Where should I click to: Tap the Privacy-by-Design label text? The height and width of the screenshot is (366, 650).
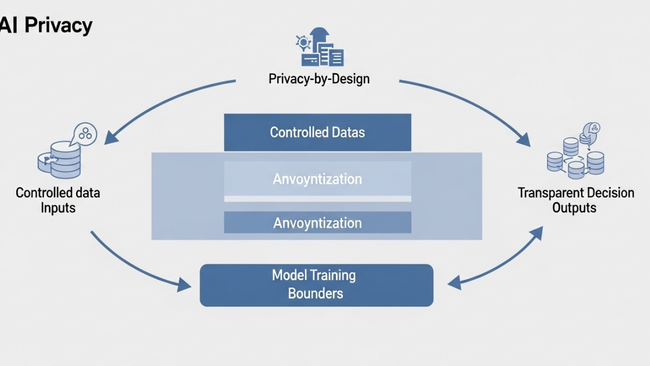(318, 79)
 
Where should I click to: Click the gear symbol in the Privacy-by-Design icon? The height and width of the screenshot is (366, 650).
(302, 42)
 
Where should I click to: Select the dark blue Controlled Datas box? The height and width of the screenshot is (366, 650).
(317, 132)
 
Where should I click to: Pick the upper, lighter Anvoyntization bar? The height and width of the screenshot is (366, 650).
(317, 179)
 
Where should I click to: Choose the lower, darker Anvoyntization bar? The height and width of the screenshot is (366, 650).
(317, 222)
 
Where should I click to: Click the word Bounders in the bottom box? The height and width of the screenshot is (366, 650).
(315, 293)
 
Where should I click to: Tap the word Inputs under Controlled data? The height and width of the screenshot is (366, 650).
(58, 208)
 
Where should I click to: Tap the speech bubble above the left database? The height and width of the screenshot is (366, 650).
(85, 132)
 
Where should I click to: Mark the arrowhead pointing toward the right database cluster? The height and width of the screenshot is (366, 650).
(524, 139)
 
